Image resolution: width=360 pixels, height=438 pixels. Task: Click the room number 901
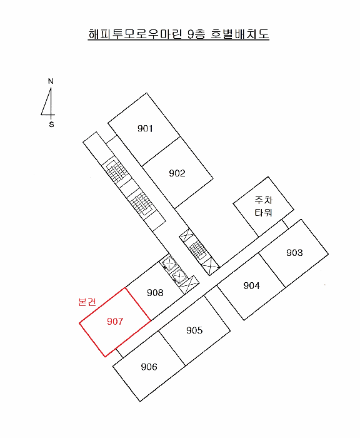pyautogui.click(x=145, y=128)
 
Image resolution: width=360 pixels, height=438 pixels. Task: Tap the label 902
pyautogui.click(x=177, y=173)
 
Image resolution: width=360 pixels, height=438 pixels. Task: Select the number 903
pyautogui.click(x=294, y=253)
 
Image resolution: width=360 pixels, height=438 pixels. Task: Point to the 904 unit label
pyautogui.click(x=251, y=285)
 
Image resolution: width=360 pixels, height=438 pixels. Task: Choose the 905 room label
pyautogui.click(x=194, y=330)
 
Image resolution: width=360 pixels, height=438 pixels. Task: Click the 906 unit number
pyautogui.click(x=149, y=367)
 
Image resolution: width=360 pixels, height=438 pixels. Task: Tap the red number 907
pyautogui.click(x=115, y=321)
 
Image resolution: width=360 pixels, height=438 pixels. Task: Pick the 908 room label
pyautogui.click(x=155, y=292)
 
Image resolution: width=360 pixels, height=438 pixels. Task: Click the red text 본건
pyautogui.click(x=87, y=302)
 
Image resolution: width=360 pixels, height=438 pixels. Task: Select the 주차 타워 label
pyautogui.click(x=263, y=206)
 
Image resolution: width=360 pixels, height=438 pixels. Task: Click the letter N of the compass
pyautogui.click(x=51, y=81)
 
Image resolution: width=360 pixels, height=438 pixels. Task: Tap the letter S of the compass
pyautogui.click(x=51, y=125)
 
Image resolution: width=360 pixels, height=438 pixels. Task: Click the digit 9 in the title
pyautogui.click(x=191, y=34)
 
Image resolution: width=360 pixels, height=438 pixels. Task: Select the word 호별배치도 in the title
pyautogui.click(x=240, y=34)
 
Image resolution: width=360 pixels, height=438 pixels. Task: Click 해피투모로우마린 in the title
pyautogui.click(x=135, y=34)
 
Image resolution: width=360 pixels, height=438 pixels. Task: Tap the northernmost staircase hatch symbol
pyautogui.click(x=116, y=170)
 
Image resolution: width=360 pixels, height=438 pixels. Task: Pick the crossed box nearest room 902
pyautogui.click(x=186, y=236)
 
